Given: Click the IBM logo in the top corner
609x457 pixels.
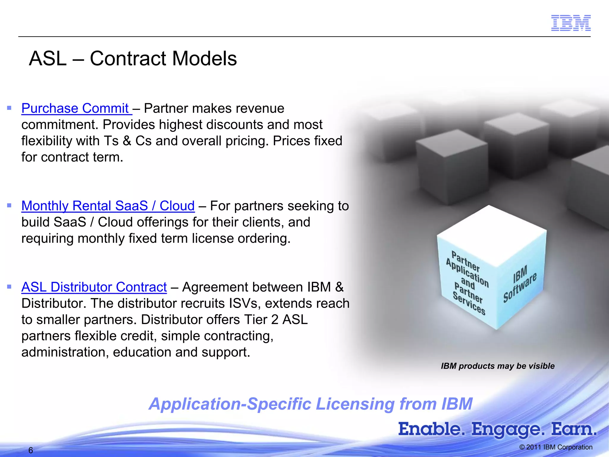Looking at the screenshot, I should [x=571, y=23].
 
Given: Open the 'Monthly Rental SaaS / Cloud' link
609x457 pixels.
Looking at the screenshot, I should [x=108, y=206].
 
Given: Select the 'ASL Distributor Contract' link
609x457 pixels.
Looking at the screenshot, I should [x=94, y=287].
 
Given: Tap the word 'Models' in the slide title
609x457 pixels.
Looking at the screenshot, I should [x=205, y=58].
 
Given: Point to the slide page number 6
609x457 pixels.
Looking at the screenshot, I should [x=31, y=450].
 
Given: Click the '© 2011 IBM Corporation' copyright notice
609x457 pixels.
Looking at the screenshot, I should [x=556, y=447].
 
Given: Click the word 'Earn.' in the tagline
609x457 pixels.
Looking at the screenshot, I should [x=574, y=429].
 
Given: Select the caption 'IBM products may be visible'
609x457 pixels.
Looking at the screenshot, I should [x=497, y=366].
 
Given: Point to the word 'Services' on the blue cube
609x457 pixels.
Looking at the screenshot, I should [x=469, y=303].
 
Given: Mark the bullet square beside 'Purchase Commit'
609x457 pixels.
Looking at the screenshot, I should [x=9, y=108].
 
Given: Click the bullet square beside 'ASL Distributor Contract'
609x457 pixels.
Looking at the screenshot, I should [x=9, y=287].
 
